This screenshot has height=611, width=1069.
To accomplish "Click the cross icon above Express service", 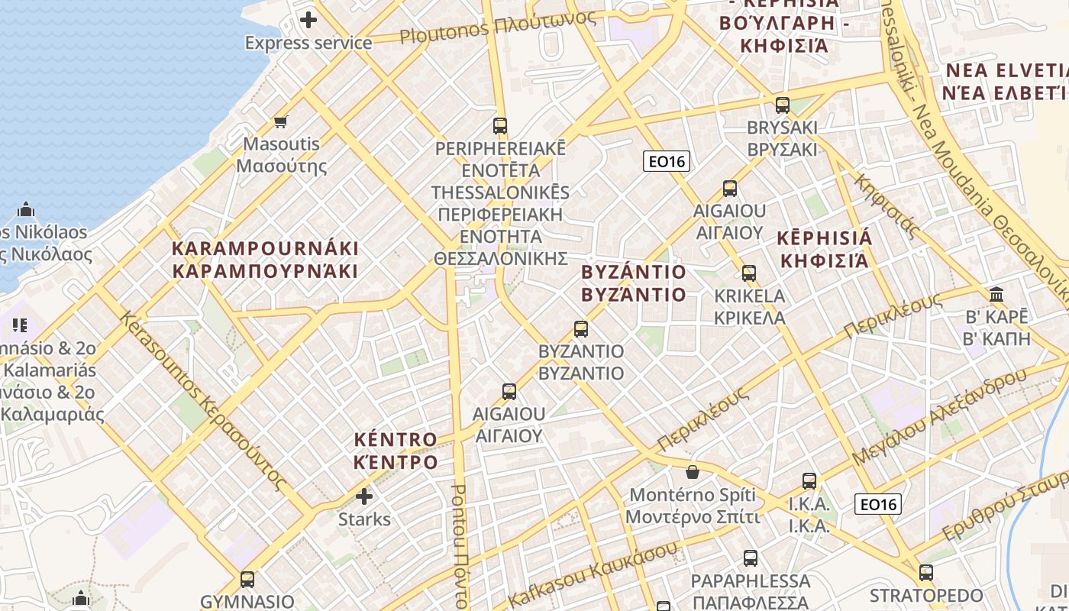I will [308, 20].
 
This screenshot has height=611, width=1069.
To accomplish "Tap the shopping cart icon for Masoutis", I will [281, 121].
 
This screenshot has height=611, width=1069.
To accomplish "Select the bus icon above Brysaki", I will [783, 105].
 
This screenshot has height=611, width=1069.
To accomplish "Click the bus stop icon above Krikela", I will [749, 273].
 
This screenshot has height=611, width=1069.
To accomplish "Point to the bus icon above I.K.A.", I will [809, 481].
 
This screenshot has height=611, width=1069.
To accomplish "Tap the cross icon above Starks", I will [364, 497].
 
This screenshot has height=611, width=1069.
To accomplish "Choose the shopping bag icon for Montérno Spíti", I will [693, 472].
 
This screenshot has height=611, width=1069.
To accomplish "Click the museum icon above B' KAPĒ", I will [996, 294].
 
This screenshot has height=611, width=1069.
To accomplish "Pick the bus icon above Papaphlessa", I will [751, 558].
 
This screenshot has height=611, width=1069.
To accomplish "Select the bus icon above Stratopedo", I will [926, 572].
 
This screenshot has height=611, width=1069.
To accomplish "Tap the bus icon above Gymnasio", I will [247, 579].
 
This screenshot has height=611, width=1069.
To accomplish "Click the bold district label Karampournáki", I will [265, 260].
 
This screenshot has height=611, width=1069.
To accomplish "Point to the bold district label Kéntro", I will [396, 451].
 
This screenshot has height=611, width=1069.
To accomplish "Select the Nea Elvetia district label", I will [1006, 82].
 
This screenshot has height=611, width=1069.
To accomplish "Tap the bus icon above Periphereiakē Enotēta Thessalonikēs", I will [500, 126].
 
